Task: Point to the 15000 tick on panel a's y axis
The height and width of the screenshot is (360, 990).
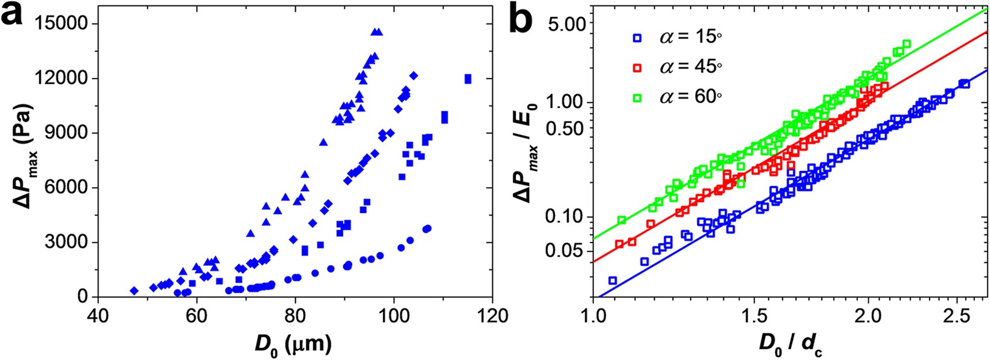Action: (x=63, y=24)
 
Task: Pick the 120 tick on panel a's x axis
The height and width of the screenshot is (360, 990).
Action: (x=492, y=315)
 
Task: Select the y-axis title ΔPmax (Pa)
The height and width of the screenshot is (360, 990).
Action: (x=24, y=155)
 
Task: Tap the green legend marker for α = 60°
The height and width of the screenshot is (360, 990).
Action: (x=637, y=97)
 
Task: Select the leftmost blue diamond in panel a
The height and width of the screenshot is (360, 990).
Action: (x=134, y=290)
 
